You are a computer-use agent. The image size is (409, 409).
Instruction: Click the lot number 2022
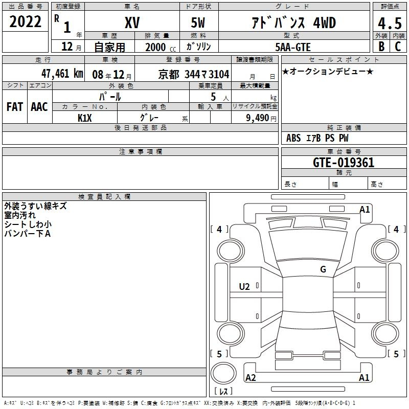[x=25, y=21]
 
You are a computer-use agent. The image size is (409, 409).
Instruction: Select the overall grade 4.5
[x=390, y=23]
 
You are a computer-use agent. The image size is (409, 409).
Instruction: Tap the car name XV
[x=132, y=22]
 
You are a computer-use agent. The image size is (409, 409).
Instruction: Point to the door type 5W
[x=198, y=22]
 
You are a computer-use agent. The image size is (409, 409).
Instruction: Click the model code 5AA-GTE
[x=293, y=47]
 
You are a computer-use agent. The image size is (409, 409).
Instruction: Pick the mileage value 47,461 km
[x=62, y=74]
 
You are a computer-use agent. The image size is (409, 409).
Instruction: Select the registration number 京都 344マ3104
[x=194, y=75]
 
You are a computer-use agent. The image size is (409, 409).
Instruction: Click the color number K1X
[x=85, y=118]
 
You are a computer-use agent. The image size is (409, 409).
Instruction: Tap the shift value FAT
[x=15, y=107]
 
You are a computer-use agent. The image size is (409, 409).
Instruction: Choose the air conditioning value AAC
[x=39, y=107]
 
